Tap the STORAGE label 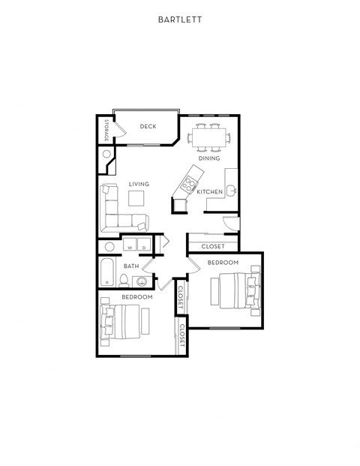pos(106,130)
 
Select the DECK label pos(148,126)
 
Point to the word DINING pos(209,158)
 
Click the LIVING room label pos(139,184)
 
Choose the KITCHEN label pos(210,192)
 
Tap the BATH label pos(131,266)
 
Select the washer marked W pos(129,246)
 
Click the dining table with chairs pos(210,138)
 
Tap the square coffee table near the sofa pos(136,198)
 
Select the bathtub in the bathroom pos(106,272)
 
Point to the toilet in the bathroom pos(123,281)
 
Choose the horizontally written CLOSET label pos(213,246)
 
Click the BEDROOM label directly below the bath pos(137,297)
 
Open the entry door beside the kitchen pos(229,223)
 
